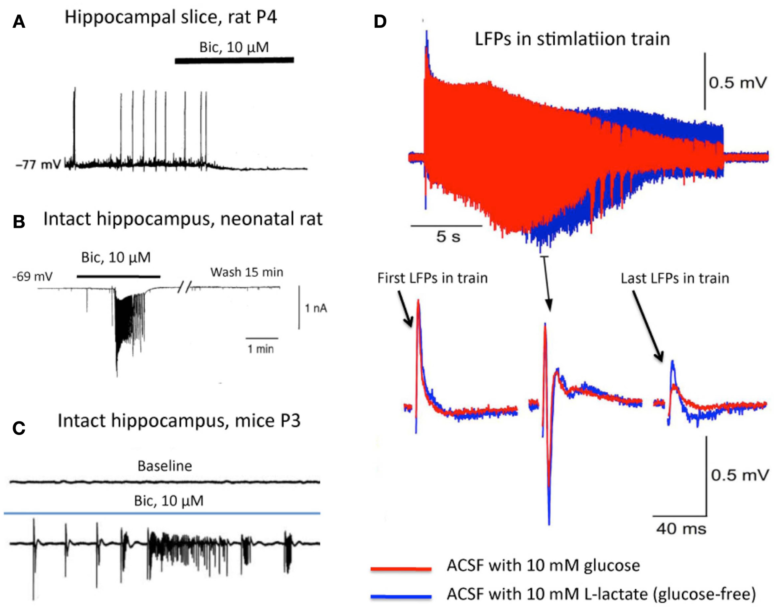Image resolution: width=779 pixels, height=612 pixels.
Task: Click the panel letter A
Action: pos(19,22)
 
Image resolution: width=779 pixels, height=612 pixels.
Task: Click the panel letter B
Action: pos(19,222)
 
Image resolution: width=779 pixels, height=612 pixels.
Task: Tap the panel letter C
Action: pos(19,428)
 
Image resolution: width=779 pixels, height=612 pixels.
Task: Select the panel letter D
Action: pos(380,22)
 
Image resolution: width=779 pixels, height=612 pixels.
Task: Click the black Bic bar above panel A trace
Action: pos(234,60)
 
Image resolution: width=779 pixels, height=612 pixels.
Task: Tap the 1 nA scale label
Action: pos(316,308)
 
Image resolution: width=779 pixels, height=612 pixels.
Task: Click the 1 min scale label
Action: pos(261,349)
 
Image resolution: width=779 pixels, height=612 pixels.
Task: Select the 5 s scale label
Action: pos(448,237)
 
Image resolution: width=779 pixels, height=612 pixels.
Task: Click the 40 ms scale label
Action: pos(681,529)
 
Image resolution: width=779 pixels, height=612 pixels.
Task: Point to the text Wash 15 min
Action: pos(246,272)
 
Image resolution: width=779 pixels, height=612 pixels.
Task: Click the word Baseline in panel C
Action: pos(165,466)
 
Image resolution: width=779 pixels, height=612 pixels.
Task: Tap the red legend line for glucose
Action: pos(401,568)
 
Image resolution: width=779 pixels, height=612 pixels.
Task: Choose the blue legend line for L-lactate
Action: pos(401,596)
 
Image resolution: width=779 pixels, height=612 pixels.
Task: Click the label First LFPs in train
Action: pos(433,278)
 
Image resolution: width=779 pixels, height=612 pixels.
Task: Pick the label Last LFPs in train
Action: pos(675,278)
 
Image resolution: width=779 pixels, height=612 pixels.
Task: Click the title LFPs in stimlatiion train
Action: pos(572,39)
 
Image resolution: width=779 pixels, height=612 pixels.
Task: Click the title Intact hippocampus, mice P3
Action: pos(179,421)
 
